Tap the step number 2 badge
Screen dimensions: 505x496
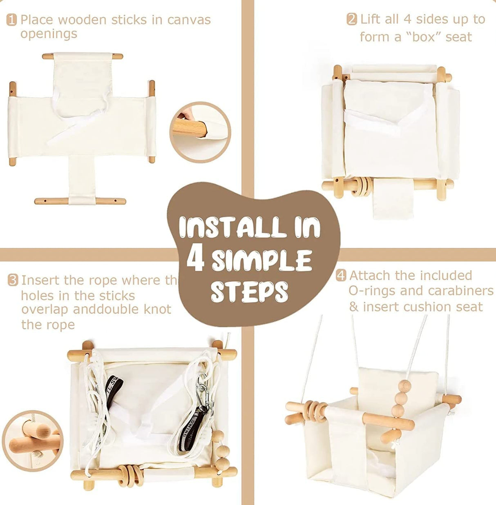[351, 19]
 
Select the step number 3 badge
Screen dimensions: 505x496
[13, 280]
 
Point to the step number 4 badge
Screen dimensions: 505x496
[341, 276]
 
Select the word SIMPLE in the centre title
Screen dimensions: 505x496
[261, 260]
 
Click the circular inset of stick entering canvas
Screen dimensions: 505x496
[200, 132]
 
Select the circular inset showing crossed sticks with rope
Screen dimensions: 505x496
[33, 440]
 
